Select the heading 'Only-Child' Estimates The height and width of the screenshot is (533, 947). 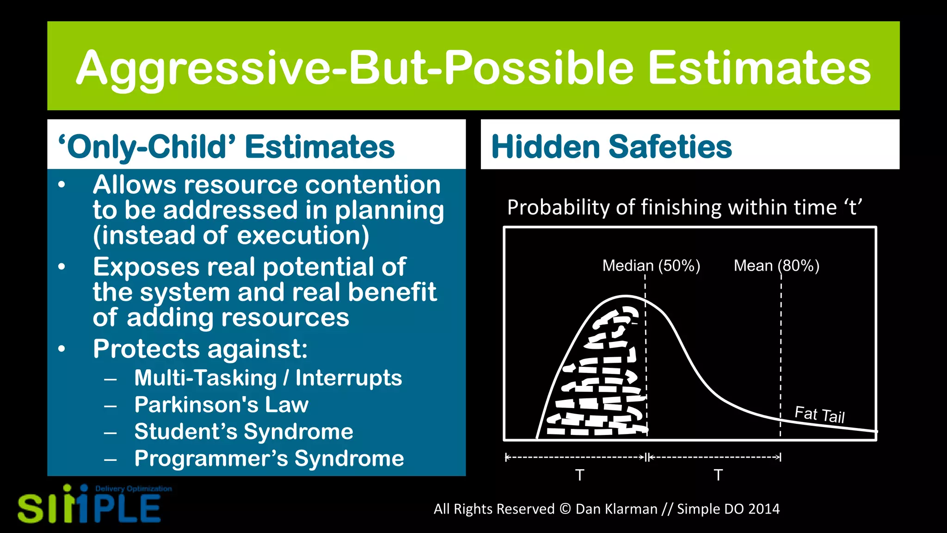point(226,147)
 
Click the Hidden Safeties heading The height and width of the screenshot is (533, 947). point(611,147)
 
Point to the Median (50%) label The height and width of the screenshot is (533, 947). point(651,266)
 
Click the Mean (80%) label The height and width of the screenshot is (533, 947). point(776,266)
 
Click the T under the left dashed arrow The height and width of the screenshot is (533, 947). point(579,475)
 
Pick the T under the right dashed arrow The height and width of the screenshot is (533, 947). point(718,475)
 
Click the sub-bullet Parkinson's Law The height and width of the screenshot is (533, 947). point(221,405)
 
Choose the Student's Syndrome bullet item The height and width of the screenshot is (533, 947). point(244,432)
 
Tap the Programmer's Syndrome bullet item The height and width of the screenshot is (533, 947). point(269,459)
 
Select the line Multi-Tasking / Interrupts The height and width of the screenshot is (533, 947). point(268,378)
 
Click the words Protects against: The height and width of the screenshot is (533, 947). point(200,348)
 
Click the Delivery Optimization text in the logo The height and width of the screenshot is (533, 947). point(133,489)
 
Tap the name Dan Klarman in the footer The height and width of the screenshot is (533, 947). point(616,509)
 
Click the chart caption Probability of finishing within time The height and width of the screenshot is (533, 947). point(684,207)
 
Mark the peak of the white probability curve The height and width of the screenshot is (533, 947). point(625,296)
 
